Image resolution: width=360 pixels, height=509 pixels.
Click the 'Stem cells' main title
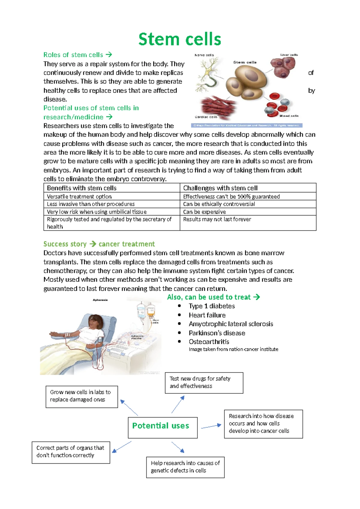coord(180,39)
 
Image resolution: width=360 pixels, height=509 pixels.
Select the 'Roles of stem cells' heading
coord(73,55)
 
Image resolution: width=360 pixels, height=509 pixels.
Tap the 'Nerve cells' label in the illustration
coord(204,55)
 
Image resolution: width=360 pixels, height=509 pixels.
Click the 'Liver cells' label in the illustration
coord(289,55)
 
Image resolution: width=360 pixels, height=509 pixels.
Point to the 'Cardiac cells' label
coord(206,117)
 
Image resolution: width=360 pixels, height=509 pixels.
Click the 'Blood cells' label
coord(289,116)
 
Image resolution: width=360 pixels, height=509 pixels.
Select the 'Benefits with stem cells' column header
coord(82,188)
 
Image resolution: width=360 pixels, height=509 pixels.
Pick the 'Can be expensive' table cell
coord(204,212)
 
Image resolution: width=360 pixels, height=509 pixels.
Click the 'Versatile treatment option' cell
coord(79,196)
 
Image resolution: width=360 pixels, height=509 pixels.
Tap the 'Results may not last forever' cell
coord(217,219)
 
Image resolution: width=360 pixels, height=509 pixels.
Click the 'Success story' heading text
coord(65,244)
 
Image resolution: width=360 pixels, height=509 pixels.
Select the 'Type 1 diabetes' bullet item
coord(211,306)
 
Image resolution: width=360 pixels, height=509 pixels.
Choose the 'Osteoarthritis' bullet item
coord(209,342)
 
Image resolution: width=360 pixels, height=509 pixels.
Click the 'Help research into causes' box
coord(185,467)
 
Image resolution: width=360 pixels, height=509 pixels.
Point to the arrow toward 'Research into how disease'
coord(211,426)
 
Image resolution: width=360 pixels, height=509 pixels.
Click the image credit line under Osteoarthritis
coord(233,349)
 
